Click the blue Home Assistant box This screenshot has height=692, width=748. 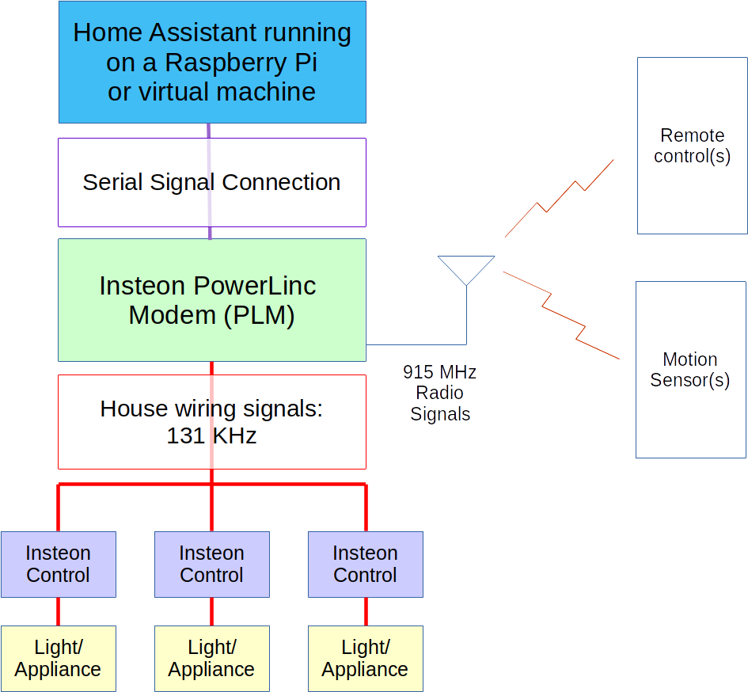click(212, 62)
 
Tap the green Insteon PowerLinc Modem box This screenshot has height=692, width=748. click(212, 300)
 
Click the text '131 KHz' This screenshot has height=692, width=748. click(211, 435)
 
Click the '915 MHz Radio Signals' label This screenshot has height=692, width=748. click(440, 393)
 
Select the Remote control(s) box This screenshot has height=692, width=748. click(692, 146)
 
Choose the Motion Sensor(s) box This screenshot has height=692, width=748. click(690, 370)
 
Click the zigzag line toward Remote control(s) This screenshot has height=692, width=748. click(559, 198)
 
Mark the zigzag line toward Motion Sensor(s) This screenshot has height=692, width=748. click(561, 315)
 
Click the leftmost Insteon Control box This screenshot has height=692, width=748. click(58, 564)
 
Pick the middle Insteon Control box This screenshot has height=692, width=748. click(211, 564)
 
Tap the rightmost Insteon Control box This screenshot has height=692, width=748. click(365, 564)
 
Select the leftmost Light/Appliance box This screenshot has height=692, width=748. click(58, 658)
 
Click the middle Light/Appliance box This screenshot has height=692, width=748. click(211, 658)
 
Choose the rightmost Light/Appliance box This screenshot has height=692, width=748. click(365, 658)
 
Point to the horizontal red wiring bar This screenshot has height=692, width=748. click(135, 484)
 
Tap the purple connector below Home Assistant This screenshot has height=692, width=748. click(209, 131)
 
